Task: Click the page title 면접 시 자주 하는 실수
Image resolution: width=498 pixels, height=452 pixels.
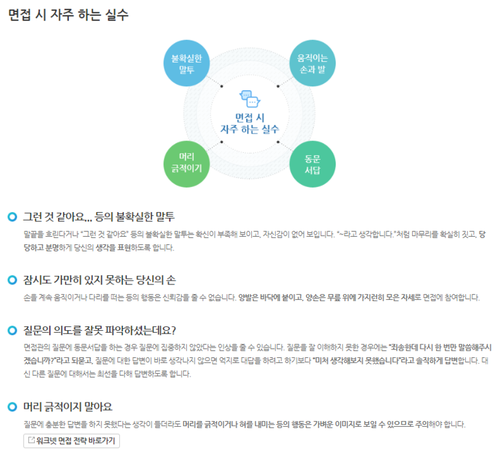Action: (x=68, y=15)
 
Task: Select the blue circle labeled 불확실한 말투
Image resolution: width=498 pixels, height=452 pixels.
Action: (x=187, y=63)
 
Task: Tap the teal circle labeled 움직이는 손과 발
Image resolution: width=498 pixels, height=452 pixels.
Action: (x=312, y=63)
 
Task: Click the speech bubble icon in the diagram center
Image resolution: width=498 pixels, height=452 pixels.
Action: (x=249, y=99)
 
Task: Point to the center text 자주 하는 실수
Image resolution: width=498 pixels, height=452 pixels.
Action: (x=249, y=129)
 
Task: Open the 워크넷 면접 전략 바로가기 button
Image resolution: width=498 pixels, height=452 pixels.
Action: (x=72, y=441)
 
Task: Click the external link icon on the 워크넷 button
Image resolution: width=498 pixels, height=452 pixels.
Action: (x=31, y=441)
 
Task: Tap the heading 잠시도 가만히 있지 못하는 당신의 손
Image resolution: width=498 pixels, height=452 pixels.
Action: (x=99, y=280)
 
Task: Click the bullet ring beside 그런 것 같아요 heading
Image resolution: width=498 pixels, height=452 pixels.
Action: (x=12, y=217)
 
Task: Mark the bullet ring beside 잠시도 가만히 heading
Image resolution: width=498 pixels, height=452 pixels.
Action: (x=12, y=280)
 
